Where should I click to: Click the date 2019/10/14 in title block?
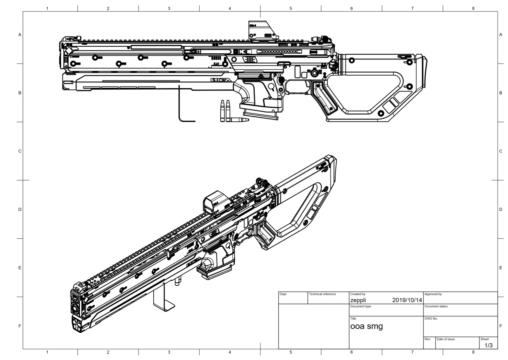coord(407,300)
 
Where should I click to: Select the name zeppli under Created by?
coord(358,300)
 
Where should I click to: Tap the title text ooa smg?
coord(366,326)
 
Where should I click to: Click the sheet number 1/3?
coord(488,345)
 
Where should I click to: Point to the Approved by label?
coord(433,294)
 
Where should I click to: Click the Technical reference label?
coord(322,294)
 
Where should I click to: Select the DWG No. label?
coord(431,318)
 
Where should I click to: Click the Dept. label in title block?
coord(283,294)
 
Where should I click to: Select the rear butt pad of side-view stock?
coord(424,72)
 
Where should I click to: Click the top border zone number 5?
coord(291,9)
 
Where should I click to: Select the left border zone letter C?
coord(20,151)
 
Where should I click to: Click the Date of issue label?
coord(445,339)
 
